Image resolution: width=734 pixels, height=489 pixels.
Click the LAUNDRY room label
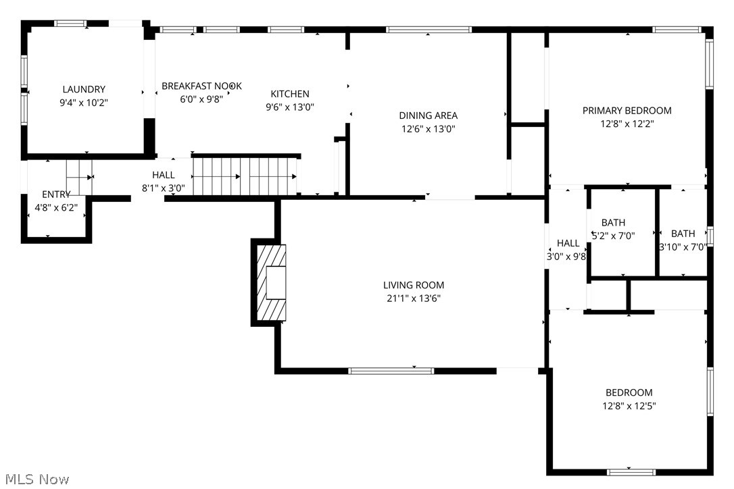pyautogui.click(x=84, y=89)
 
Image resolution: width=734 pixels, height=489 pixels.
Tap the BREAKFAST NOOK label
pyautogui.click(x=201, y=86)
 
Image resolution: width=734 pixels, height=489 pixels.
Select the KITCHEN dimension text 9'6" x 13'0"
pyautogui.click(x=290, y=107)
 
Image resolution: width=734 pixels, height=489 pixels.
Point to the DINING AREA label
pyautogui.click(x=428, y=115)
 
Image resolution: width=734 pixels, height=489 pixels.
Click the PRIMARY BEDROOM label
pyautogui.click(x=627, y=111)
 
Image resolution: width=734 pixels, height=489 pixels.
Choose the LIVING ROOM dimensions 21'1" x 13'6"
pyautogui.click(x=414, y=298)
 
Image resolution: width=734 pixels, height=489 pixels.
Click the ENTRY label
pyautogui.click(x=56, y=195)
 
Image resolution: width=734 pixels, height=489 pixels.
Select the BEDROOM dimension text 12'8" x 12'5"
pyautogui.click(x=629, y=406)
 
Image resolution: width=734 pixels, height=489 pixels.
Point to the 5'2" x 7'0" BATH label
pyautogui.click(x=613, y=223)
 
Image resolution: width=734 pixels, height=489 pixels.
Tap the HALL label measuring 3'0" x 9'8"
pyautogui.click(x=568, y=243)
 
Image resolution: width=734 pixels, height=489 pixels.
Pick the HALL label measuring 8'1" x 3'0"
pyautogui.click(x=164, y=175)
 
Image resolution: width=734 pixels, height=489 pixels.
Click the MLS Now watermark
pyautogui.click(x=35, y=480)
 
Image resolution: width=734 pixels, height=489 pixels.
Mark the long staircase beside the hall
pyautogui.click(x=246, y=176)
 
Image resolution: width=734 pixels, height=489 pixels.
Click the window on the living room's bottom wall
pyautogui.click(x=391, y=370)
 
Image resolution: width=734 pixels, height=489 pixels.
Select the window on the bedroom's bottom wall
pyautogui.click(x=631, y=471)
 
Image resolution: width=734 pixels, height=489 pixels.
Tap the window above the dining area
pyautogui.click(x=429, y=30)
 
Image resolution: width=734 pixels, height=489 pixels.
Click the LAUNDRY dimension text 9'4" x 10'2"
pyautogui.click(x=84, y=103)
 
